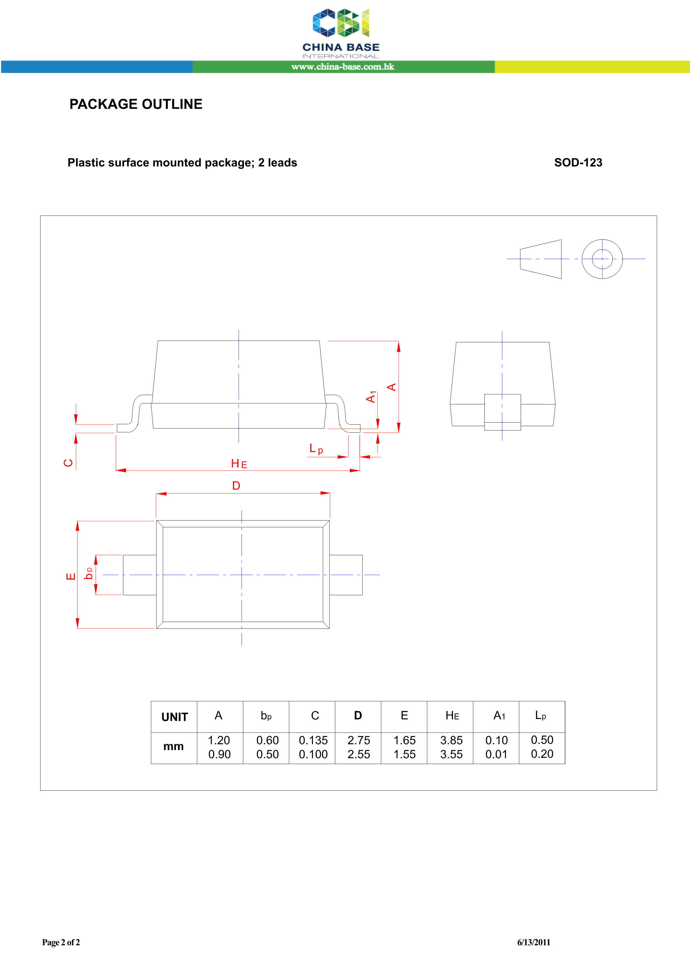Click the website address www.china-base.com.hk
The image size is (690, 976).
pos(343,67)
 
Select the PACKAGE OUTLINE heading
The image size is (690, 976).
pos(136,104)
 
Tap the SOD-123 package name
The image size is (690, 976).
pos(578,162)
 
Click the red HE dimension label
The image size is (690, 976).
pos(239,464)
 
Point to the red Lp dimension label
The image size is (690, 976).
pos(316,449)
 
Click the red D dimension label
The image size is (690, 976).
pos(236,485)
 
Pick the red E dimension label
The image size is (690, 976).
pos(71,576)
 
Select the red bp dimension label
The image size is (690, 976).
pos(88,573)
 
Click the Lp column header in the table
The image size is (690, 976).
pos(540,716)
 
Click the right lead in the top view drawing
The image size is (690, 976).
pos(346,575)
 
